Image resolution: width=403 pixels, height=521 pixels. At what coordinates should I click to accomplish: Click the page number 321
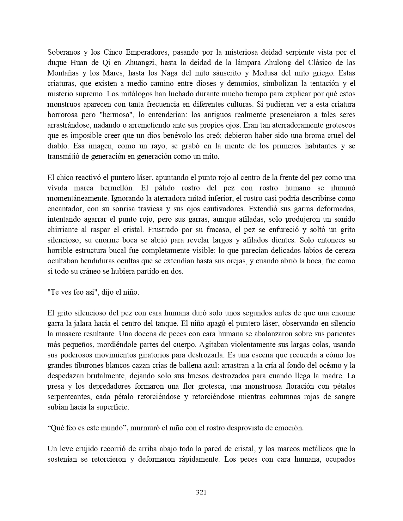pos(201,492)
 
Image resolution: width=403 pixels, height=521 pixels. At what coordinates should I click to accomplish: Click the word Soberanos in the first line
pos(63,52)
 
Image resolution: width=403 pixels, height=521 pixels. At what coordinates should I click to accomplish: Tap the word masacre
pos(68,334)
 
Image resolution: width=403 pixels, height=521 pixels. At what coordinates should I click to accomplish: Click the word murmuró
pos(145,428)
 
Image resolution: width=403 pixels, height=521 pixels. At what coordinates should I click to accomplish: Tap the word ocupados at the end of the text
pos(341,459)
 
